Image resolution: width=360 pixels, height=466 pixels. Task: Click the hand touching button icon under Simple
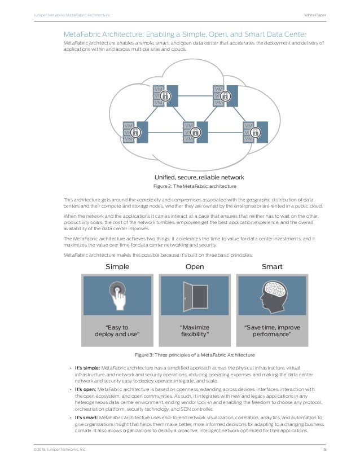click(117, 294)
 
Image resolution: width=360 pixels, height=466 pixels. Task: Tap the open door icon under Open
click(194, 294)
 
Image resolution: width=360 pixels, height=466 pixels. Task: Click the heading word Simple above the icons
click(117, 266)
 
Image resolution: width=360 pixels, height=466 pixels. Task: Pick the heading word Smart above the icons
click(271, 266)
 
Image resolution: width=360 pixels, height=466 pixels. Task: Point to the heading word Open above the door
click(195, 266)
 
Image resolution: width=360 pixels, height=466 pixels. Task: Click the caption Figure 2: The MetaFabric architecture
click(195, 186)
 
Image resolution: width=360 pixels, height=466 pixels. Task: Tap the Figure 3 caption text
click(194, 354)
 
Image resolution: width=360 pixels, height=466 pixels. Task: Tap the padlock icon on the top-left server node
click(164, 96)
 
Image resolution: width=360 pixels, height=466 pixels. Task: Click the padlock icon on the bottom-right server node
click(255, 132)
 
